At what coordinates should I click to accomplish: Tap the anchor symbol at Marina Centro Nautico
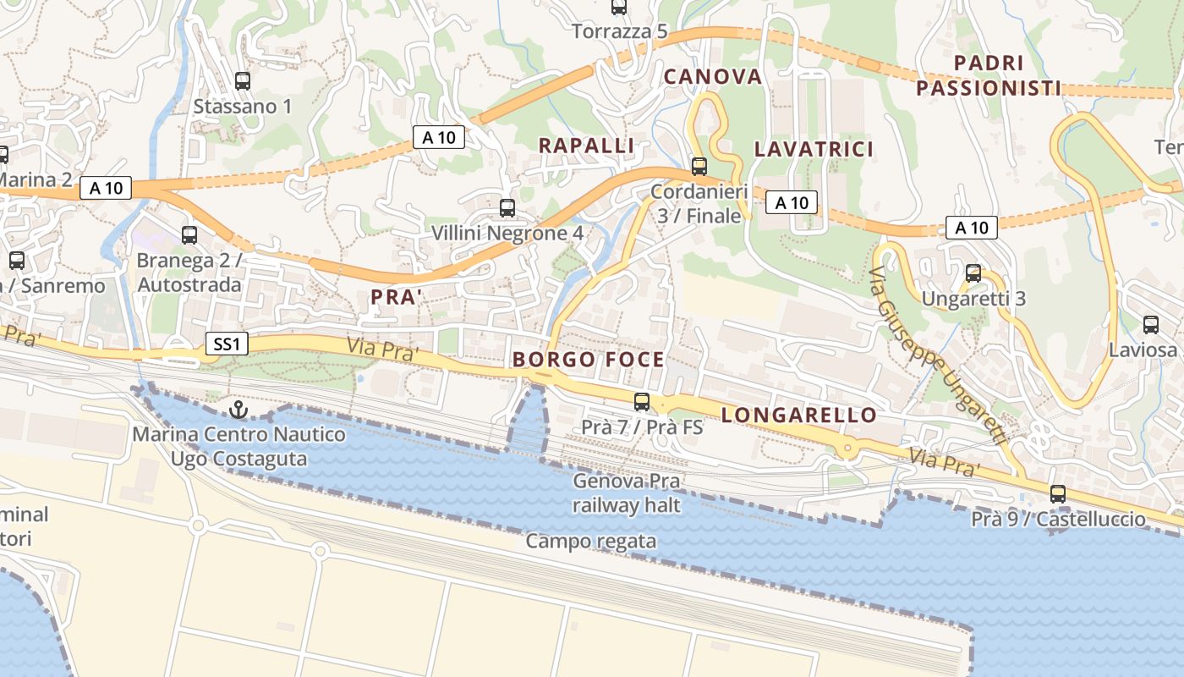(x=238, y=410)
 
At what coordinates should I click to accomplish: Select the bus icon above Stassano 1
(x=243, y=81)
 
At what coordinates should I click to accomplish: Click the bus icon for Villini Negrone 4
(x=507, y=207)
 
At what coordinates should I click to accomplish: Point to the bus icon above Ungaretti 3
(x=973, y=273)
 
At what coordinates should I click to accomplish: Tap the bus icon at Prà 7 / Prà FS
(x=642, y=402)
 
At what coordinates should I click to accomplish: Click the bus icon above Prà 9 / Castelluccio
(x=1058, y=494)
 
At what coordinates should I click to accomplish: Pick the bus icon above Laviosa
(x=1150, y=324)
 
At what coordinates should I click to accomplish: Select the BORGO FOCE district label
(x=589, y=360)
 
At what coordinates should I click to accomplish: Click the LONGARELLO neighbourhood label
(x=799, y=415)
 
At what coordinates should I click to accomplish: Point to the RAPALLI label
(x=586, y=146)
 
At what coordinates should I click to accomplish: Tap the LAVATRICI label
(x=814, y=150)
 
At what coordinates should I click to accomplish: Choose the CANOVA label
(x=713, y=77)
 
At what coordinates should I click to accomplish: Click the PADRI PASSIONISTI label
(x=989, y=75)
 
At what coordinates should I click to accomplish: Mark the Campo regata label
(x=591, y=541)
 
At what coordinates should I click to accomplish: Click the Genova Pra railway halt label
(x=628, y=493)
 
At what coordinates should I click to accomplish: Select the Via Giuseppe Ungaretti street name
(x=939, y=356)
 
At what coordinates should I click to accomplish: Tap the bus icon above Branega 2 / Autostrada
(x=189, y=235)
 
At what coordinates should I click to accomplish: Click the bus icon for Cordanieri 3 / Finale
(x=699, y=166)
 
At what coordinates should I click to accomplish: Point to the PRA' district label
(x=397, y=297)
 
